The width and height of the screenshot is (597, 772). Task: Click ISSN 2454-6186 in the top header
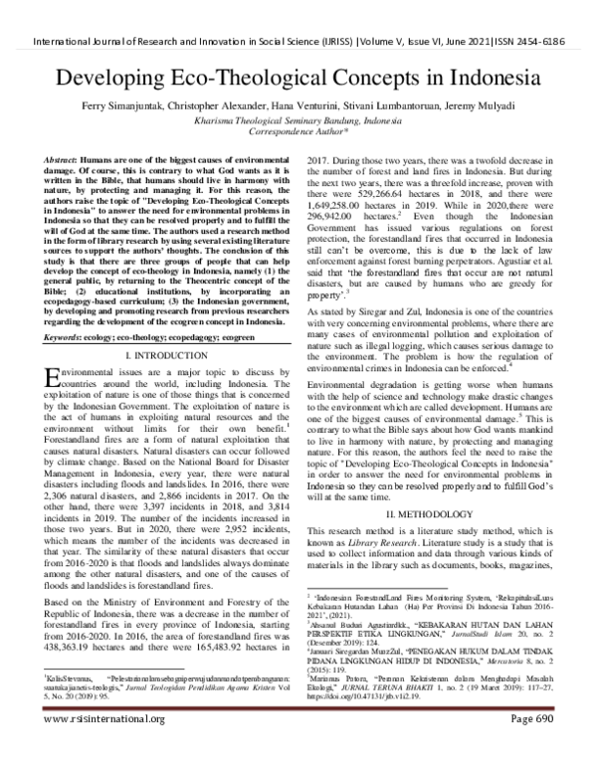tap(544, 43)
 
